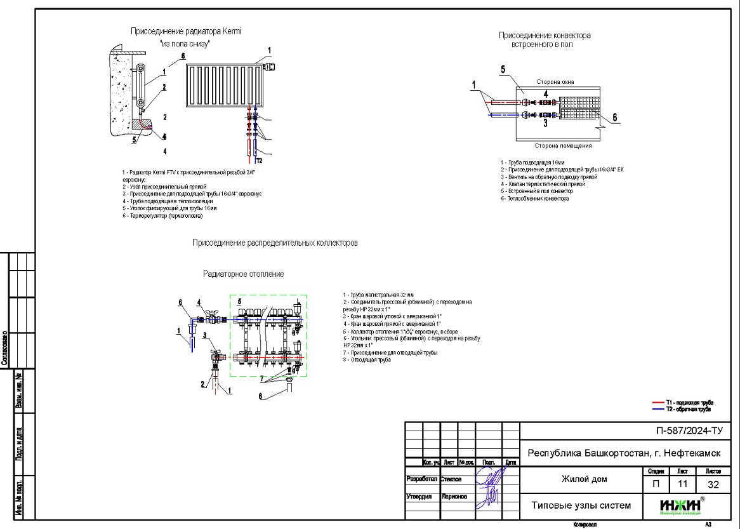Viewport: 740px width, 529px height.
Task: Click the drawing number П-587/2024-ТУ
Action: pyautogui.click(x=689, y=431)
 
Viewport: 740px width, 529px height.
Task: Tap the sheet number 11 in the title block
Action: pyautogui.click(x=682, y=485)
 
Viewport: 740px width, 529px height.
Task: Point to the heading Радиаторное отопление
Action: pyautogui.click(x=243, y=274)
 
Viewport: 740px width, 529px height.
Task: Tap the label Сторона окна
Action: pyautogui.click(x=555, y=82)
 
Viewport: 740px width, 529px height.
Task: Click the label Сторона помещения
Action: pyautogui.click(x=560, y=145)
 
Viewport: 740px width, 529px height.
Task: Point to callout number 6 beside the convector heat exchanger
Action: pyautogui.click(x=614, y=117)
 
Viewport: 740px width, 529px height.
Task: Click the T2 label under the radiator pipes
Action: pyautogui.click(x=260, y=160)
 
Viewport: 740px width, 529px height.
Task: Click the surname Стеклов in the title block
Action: pyautogui.click(x=449, y=479)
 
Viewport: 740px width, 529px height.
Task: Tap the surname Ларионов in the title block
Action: pyautogui.click(x=452, y=497)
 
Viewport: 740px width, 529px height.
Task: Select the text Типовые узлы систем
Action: pyautogui.click(x=581, y=506)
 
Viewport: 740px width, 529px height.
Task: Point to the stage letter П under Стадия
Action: pyautogui.click(x=656, y=485)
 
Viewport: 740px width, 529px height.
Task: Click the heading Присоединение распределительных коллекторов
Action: pyautogui.click(x=275, y=243)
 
